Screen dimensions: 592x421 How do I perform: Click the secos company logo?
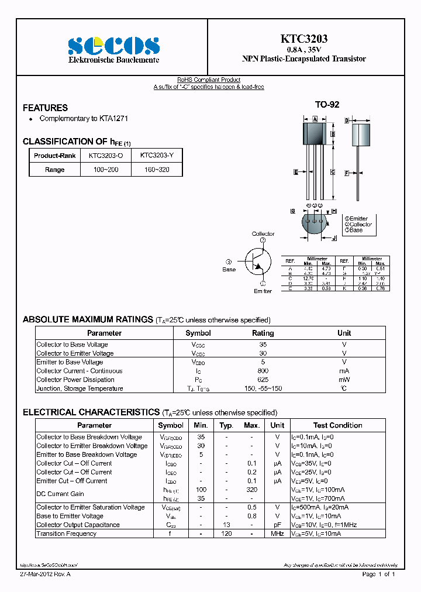click(x=113, y=46)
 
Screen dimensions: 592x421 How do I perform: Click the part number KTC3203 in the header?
click(x=304, y=39)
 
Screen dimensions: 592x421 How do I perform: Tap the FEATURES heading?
click(x=45, y=108)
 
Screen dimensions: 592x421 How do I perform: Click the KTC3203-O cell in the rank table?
click(x=106, y=156)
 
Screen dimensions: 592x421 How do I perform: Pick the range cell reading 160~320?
click(x=156, y=170)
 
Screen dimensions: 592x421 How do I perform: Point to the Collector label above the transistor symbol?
click(x=263, y=234)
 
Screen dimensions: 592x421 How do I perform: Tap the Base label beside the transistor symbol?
click(x=229, y=270)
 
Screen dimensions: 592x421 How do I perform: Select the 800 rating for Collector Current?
click(x=263, y=371)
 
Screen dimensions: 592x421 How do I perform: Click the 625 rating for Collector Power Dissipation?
click(x=263, y=380)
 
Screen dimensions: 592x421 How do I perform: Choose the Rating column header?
click(x=263, y=333)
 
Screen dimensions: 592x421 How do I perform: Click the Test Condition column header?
click(x=337, y=425)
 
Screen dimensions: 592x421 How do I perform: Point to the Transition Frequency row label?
click(x=66, y=534)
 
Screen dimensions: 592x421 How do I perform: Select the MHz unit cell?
click(x=277, y=534)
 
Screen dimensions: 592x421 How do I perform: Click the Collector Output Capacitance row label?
click(x=78, y=525)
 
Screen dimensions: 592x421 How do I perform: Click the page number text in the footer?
click(x=379, y=575)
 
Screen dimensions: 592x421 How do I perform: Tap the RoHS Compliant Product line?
click(x=209, y=80)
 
